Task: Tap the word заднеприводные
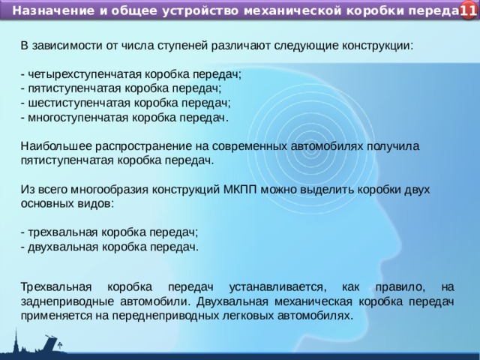[x=61, y=301]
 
